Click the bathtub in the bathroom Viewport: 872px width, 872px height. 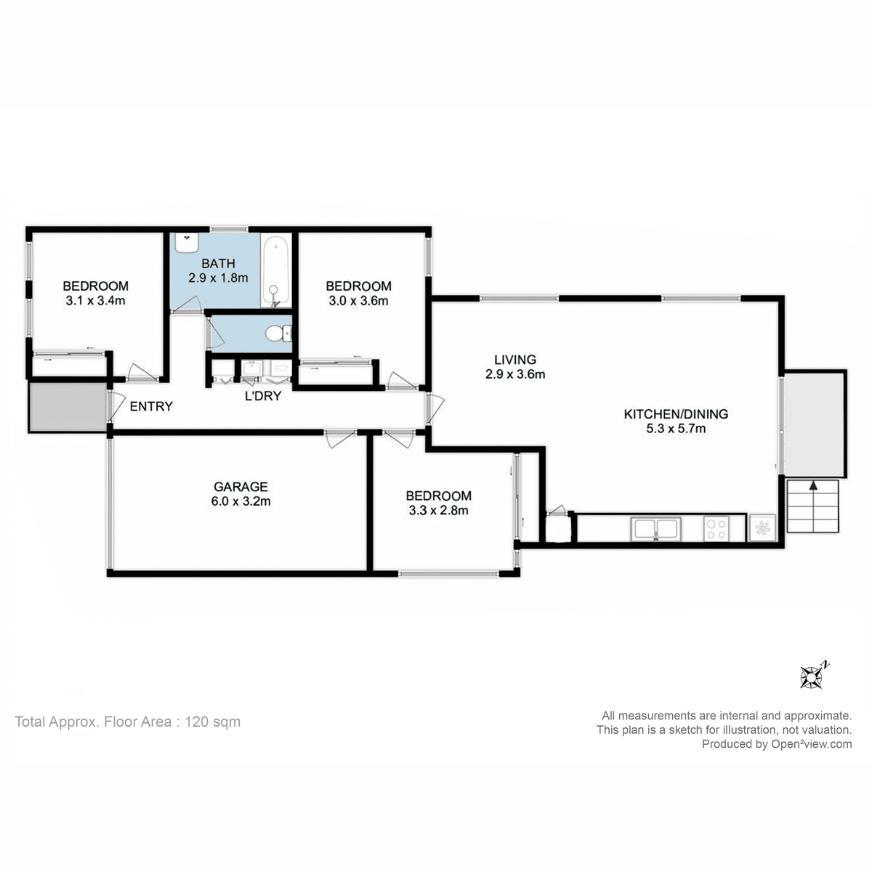[276, 271]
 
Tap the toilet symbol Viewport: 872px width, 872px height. [275, 334]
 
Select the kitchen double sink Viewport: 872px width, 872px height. [655, 528]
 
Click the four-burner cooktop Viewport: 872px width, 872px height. [716, 528]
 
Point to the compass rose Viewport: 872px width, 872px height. [810, 677]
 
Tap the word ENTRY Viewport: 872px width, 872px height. [151, 406]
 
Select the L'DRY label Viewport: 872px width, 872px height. [262, 396]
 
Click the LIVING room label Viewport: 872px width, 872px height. [514, 360]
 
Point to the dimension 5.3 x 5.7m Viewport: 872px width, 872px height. [676, 429]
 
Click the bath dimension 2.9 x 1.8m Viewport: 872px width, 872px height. [218, 278]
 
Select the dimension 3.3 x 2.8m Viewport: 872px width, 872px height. [438, 510]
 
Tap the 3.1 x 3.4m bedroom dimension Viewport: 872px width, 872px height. [95, 300]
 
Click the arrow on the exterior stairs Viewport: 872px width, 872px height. [812, 488]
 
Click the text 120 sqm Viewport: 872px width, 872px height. [213, 722]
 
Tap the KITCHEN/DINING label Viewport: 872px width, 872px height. [676, 414]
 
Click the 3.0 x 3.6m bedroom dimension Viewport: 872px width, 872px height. [358, 300]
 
